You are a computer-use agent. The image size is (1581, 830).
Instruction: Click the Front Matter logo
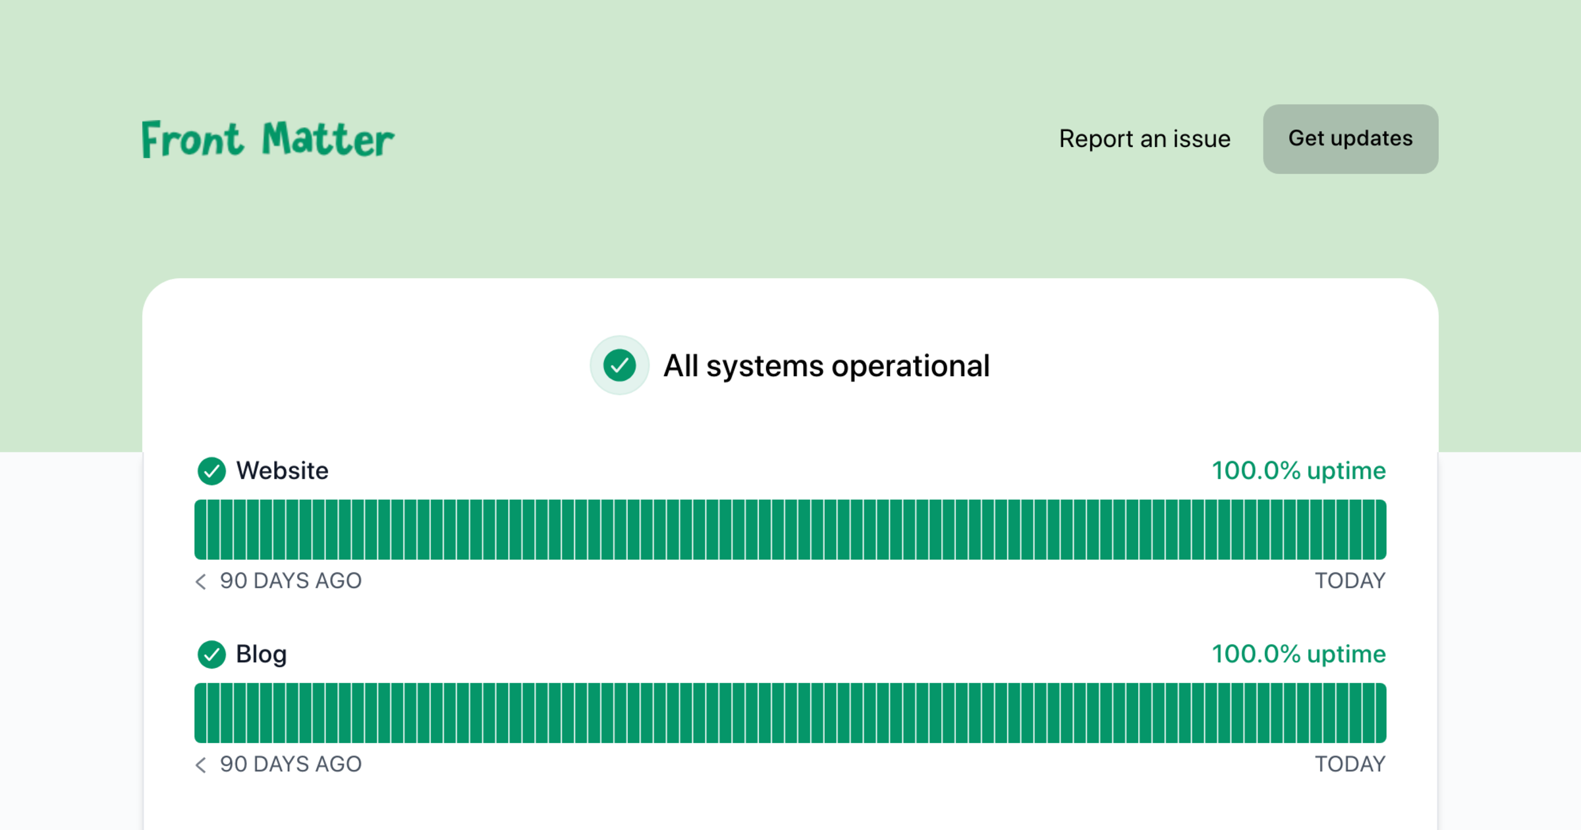tap(268, 139)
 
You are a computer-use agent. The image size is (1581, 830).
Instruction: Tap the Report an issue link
tap(1145, 139)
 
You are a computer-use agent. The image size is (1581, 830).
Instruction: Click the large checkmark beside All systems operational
tap(619, 366)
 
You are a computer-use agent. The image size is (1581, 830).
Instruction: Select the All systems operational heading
tap(827, 366)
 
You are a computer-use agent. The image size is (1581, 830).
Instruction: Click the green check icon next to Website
tap(211, 471)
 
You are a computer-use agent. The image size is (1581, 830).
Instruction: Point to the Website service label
tap(283, 471)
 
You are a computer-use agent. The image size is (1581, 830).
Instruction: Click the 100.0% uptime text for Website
tap(1299, 470)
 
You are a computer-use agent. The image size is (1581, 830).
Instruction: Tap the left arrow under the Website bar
tap(201, 582)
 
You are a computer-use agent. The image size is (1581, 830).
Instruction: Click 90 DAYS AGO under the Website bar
tap(291, 581)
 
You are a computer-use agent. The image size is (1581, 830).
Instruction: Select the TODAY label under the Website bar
tap(1350, 581)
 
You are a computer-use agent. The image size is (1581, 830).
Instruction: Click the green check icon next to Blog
tap(211, 655)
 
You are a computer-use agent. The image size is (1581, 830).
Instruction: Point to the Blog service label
tap(262, 655)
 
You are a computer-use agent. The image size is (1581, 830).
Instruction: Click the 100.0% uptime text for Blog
tap(1299, 654)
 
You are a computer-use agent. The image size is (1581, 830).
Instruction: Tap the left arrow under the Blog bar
tap(201, 765)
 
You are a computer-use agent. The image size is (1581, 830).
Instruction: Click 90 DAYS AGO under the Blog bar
tap(291, 764)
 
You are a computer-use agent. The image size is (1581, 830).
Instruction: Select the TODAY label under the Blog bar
tap(1350, 764)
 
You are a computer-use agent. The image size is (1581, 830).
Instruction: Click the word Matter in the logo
tap(328, 139)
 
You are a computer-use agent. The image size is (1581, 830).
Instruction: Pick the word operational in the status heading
tap(910, 366)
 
